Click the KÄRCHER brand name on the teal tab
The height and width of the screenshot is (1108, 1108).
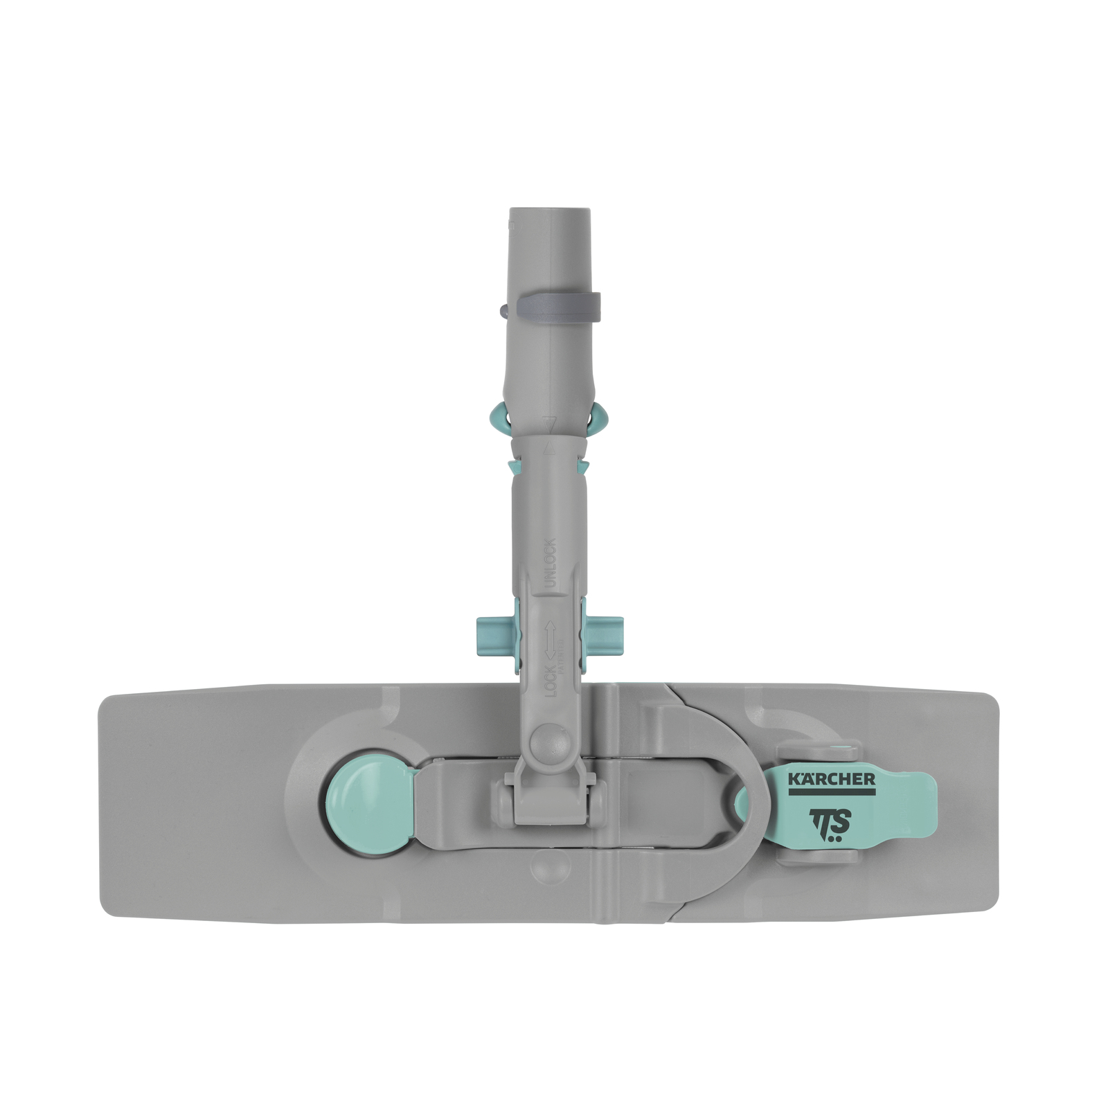831,779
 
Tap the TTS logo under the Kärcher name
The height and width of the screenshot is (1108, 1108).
830,823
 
